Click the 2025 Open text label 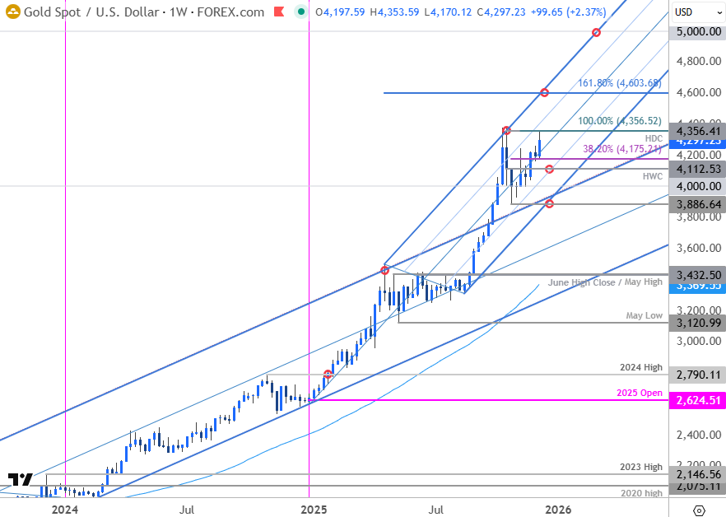point(640,393)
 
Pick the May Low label point(645,315)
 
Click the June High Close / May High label point(605,282)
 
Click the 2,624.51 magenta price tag point(699,401)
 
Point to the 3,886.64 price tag point(699,203)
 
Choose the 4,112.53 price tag point(699,169)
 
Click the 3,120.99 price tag point(699,323)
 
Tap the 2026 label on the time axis point(559,510)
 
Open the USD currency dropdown point(689,12)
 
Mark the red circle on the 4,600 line point(544,92)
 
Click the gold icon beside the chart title point(12,12)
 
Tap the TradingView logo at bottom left point(21,480)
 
